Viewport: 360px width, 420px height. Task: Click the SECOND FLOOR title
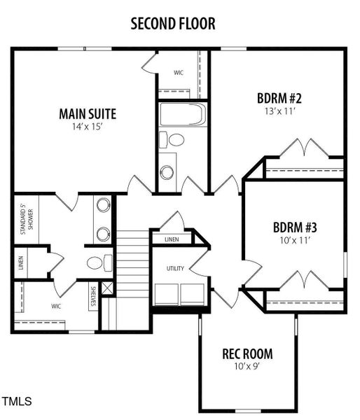pos(172,23)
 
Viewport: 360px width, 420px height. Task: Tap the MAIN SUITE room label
pos(88,113)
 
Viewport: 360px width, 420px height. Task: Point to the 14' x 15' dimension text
pos(88,127)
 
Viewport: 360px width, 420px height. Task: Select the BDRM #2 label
pos(279,97)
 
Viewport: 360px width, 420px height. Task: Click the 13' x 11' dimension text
pos(279,111)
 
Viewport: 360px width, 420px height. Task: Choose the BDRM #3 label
pos(295,227)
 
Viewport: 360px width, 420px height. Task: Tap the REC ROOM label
pos(247,353)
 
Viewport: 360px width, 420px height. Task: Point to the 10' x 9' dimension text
pos(247,366)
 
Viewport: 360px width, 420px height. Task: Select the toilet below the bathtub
pos(174,140)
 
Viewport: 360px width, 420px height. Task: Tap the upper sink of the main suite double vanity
pos(104,206)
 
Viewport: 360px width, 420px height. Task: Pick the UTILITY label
pos(175,269)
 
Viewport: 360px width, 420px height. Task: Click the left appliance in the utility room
pos(165,294)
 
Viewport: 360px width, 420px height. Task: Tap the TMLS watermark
pos(17,402)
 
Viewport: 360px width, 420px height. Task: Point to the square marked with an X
pos(106,288)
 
